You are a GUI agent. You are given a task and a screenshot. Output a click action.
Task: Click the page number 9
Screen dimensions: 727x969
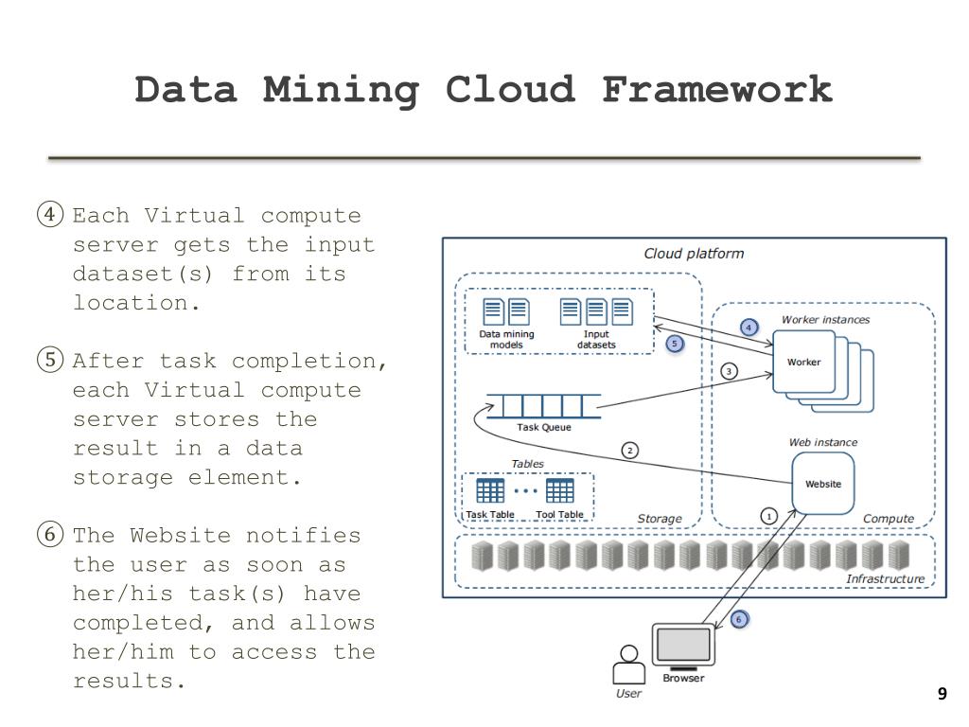(942, 695)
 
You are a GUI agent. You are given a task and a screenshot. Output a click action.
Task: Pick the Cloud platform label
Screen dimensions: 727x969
(694, 254)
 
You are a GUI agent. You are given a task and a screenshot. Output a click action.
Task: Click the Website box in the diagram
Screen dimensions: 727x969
(822, 484)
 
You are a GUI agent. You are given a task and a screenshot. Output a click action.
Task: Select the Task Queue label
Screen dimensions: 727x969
(544, 427)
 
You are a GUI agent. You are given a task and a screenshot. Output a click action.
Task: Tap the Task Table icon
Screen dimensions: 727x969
(490, 490)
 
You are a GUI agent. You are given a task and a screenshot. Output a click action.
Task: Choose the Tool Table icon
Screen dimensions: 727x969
(559, 490)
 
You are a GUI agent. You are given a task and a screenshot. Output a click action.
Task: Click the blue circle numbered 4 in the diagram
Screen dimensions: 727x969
(749, 328)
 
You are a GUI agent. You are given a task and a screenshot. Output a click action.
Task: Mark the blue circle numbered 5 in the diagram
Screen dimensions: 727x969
(675, 344)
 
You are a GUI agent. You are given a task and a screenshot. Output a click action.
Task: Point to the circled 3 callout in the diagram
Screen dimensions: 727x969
(729, 371)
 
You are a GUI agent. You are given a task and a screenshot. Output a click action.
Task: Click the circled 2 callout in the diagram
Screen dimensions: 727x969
(629, 451)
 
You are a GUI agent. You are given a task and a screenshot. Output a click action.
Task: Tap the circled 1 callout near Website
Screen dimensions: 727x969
(768, 516)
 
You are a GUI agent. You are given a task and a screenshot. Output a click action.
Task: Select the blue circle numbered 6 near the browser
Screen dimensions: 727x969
(739, 619)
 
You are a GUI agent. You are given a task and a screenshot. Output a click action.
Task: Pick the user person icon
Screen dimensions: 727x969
(627, 665)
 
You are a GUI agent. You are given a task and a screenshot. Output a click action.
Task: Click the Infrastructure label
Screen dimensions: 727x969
(885, 578)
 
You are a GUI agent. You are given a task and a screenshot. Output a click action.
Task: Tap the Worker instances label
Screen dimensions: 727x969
(825, 320)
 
